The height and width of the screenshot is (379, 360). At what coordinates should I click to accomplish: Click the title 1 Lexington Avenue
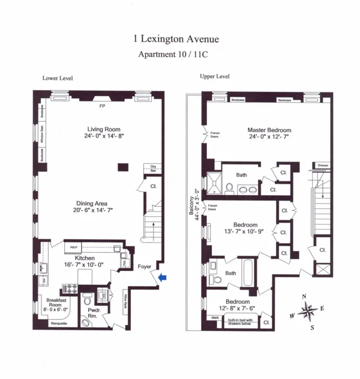coord(176,40)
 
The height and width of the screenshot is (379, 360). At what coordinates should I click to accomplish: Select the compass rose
coord(308,311)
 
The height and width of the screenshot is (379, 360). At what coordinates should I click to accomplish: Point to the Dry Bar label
coord(153,169)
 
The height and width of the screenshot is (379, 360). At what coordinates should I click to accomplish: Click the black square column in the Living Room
coord(123,166)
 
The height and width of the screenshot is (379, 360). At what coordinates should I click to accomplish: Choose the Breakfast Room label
coord(50,303)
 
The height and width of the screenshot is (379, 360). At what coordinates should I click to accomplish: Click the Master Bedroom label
coord(269,130)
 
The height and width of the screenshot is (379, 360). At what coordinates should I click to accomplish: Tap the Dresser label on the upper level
coord(321,165)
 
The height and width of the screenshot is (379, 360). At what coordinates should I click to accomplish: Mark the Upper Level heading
coord(214,77)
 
